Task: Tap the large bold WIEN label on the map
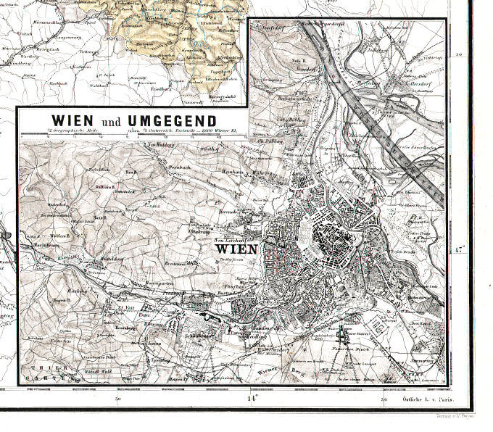[236, 249]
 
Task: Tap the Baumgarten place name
[143, 288]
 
